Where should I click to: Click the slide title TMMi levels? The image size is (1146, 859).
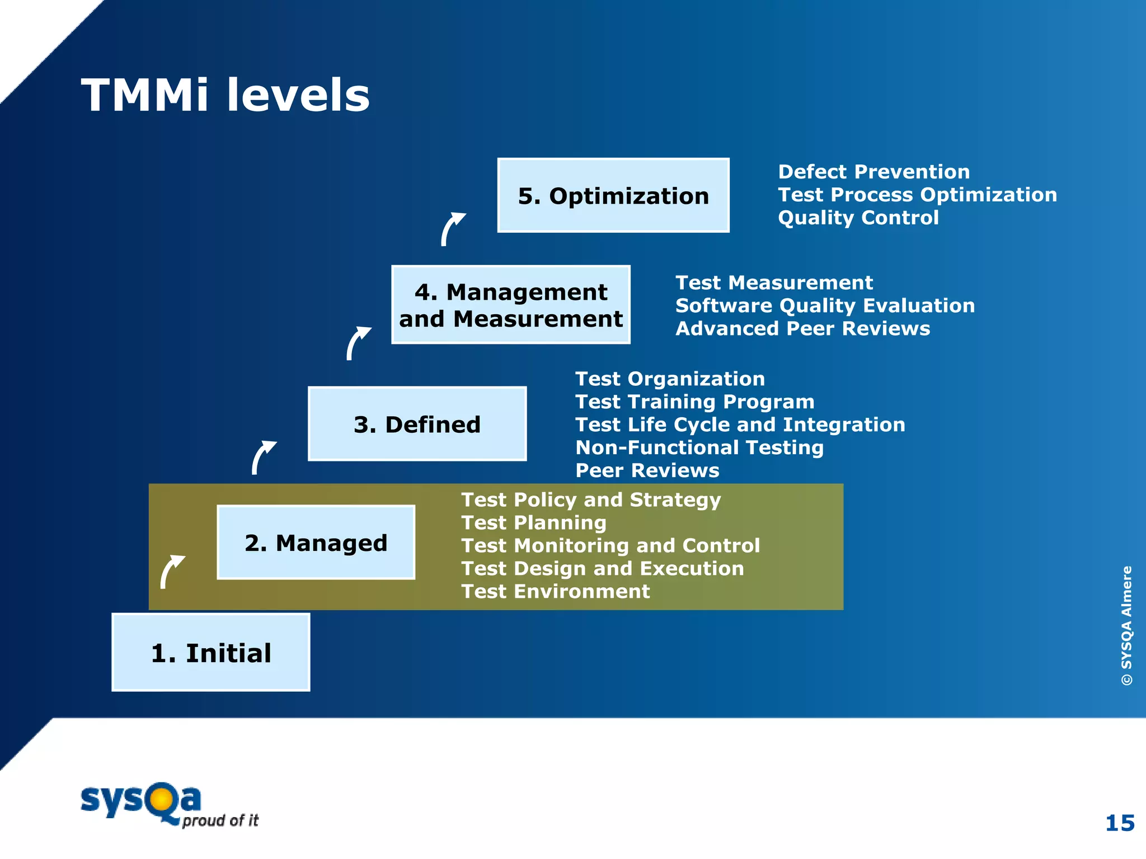click(x=225, y=95)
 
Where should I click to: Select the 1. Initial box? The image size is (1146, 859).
click(x=211, y=652)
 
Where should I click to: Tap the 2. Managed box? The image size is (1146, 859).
click(x=316, y=542)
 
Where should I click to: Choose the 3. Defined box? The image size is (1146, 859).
click(x=417, y=424)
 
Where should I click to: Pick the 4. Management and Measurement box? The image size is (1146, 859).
click(x=510, y=305)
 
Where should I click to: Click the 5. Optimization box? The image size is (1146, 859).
click(x=613, y=196)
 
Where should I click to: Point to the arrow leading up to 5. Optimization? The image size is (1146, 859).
click(x=451, y=228)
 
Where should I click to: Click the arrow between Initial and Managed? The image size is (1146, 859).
click(x=171, y=571)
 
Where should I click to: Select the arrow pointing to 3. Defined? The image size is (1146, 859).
click(x=262, y=457)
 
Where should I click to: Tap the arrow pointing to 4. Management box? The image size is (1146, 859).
click(x=356, y=343)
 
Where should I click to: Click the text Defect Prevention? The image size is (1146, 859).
click(x=873, y=172)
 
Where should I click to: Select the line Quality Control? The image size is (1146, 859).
click(x=858, y=218)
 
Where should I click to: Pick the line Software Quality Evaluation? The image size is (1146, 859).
click(x=825, y=306)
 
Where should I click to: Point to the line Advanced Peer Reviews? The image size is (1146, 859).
click(x=802, y=329)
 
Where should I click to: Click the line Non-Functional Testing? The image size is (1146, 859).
click(x=699, y=447)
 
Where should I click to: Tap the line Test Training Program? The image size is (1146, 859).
click(x=694, y=402)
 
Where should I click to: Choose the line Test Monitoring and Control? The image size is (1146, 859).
click(x=610, y=545)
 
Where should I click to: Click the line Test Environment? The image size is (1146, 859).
click(x=555, y=591)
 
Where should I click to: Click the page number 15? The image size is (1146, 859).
click(x=1120, y=823)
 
